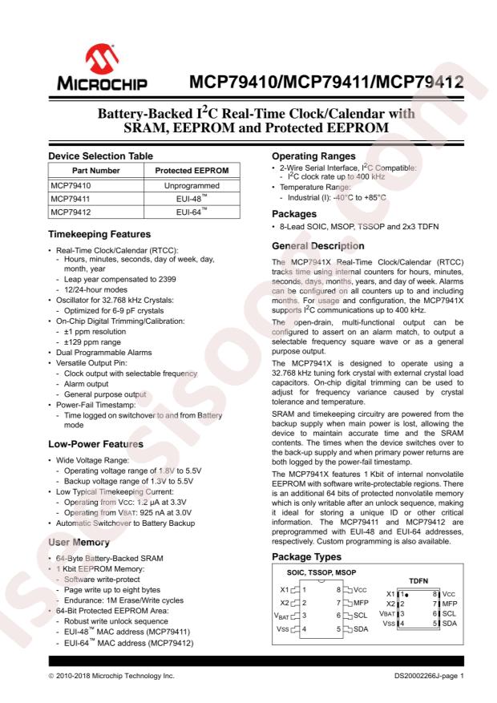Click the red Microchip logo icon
point(89,63)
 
